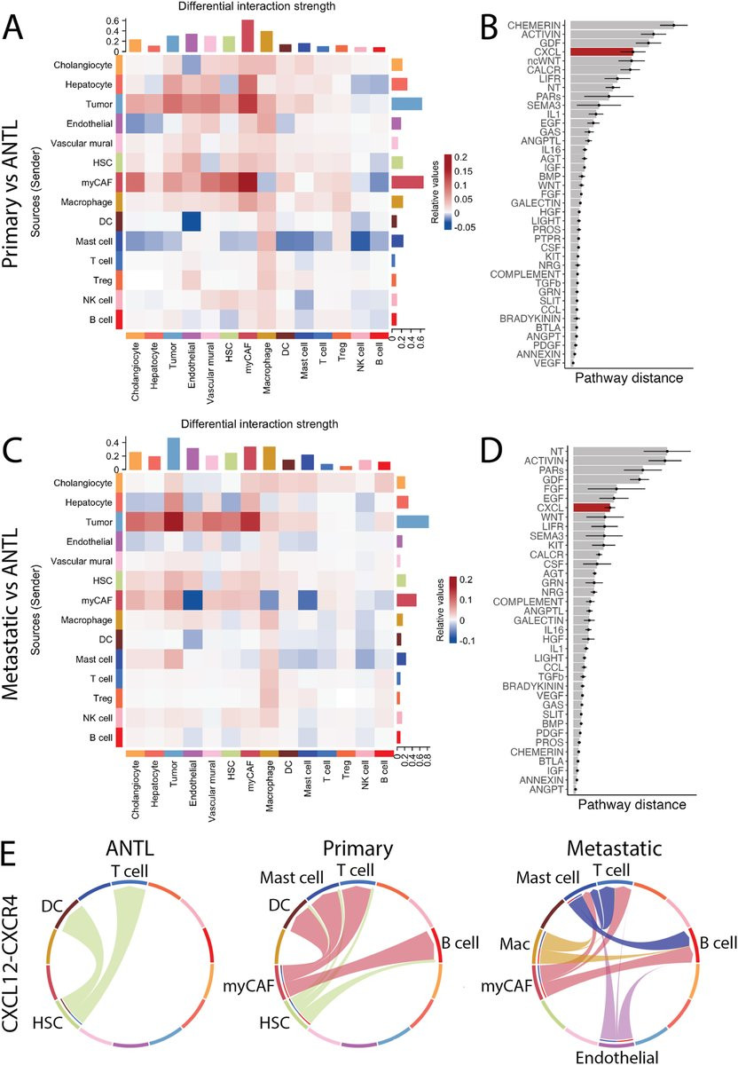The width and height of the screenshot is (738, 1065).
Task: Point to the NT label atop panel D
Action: [x=558, y=452]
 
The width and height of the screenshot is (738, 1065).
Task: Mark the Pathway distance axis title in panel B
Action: [x=629, y=378]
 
